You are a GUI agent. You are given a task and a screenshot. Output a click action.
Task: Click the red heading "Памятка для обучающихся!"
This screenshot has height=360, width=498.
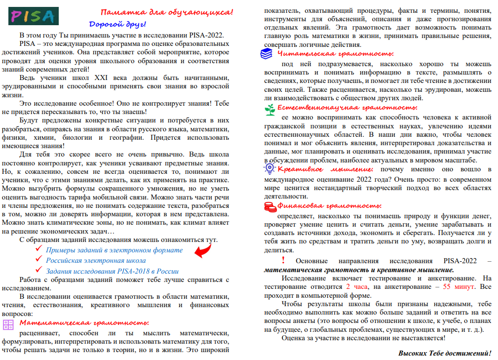point(167,12)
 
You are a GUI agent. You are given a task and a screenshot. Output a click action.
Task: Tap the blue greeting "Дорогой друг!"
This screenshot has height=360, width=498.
point(117,23)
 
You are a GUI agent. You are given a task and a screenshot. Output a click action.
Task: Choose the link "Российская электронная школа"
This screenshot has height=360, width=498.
point(96,260)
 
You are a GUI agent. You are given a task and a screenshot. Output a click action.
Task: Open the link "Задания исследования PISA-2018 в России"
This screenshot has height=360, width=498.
point(112,271)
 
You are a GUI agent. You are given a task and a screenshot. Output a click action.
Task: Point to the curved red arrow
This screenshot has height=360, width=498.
point(202,249)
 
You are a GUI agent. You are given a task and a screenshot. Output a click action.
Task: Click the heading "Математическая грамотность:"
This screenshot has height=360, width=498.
point(84,322)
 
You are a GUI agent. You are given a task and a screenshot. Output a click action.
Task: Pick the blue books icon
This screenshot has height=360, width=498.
point(266,54)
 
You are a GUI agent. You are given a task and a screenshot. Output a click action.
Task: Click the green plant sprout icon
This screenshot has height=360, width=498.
point(269,109)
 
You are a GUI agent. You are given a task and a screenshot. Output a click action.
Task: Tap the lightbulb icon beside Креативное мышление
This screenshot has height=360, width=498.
point(269,168)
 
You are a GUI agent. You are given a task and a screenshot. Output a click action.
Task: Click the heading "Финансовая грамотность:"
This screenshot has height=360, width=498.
point(329,206)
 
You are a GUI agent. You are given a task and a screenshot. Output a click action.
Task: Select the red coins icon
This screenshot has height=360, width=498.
point(269,207)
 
